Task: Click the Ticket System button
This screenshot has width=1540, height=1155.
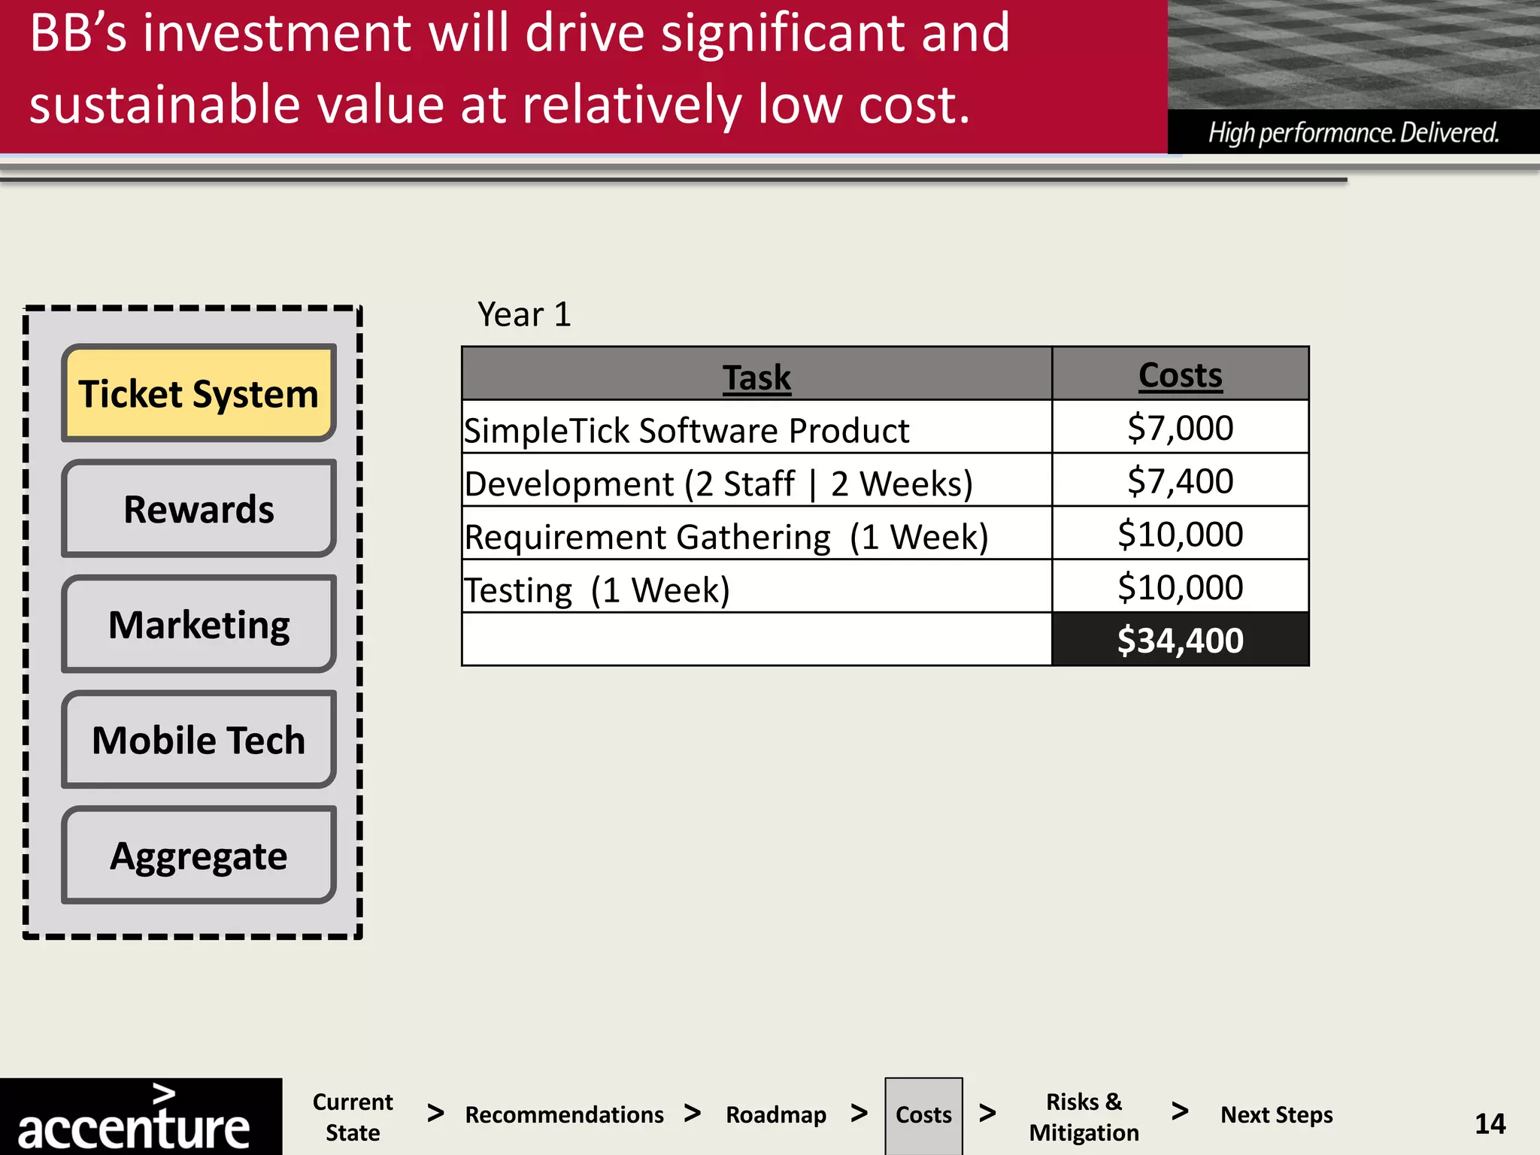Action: click(199, 393)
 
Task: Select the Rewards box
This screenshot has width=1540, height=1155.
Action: click(199, 509)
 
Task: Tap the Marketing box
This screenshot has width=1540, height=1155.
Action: click(199, 624)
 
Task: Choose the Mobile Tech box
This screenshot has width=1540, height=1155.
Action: click(199, 740)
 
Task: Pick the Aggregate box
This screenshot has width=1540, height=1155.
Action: click(199, 855)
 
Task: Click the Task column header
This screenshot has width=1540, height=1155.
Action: click(756, 376)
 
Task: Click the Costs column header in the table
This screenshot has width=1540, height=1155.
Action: click(1180, 374)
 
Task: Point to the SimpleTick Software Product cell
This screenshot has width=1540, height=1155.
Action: click(687, 430)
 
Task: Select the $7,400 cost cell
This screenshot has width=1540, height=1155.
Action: click(1180, 481)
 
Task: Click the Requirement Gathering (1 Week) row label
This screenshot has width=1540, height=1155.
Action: click(726, 536)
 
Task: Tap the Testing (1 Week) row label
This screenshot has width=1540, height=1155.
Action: click(597, 590)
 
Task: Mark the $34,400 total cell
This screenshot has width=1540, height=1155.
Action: click(1180, 640)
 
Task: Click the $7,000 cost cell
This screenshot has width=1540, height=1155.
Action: click(1180, 428)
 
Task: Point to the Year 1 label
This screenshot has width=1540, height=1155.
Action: click(524, 314)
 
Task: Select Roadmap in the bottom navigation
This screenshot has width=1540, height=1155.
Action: click(776, 1114)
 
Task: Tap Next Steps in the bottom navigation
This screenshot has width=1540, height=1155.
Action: click(1276, 1114)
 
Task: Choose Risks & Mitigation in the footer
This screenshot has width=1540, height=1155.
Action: click(1084, 1117)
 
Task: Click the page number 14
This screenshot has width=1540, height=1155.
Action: click(1490, 1123)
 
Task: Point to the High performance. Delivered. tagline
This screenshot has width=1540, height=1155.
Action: click(1354, 133)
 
